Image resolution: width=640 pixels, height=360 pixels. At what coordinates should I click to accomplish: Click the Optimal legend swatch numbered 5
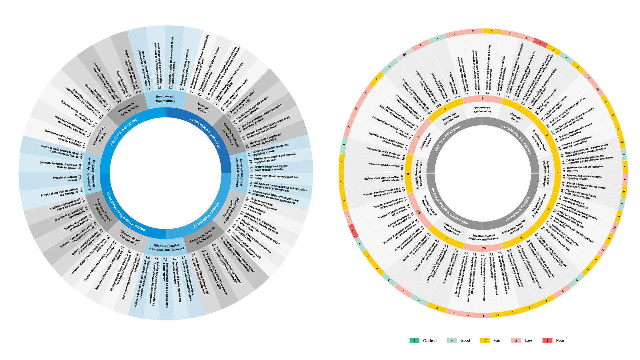tap(414, 340)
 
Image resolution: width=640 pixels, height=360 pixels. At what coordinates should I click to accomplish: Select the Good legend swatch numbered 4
tap(452, 340)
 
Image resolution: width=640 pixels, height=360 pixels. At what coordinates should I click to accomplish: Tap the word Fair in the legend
tap(497, 340)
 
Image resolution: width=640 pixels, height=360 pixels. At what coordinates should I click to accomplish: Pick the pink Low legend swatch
tap(516, 340)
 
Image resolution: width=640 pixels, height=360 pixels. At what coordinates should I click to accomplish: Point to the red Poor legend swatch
tap(547, 340)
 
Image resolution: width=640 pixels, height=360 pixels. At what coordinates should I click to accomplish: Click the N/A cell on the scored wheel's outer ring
tap(404, 54)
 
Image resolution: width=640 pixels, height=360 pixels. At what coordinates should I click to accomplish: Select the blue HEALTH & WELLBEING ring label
tap(124, 132)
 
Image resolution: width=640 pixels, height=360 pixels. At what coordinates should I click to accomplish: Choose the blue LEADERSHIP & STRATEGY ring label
tap(205, 133)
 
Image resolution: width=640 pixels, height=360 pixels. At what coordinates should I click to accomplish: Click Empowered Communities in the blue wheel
tap(165, 99)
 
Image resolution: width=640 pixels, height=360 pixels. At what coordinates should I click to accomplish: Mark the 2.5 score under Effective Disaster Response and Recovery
tap(484, 248)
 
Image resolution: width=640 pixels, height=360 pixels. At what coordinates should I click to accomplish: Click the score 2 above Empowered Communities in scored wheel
tap(482, 99)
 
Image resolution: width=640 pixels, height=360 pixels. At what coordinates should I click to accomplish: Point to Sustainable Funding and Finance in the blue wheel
tap(202, 236)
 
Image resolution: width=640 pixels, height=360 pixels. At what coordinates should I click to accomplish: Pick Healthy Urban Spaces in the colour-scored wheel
tap(427, 141)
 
